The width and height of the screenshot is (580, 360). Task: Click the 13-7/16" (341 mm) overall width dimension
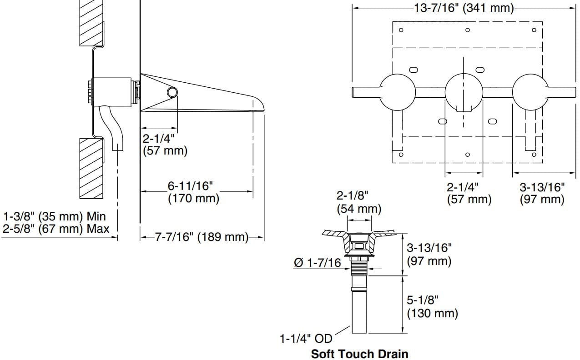[464, 8]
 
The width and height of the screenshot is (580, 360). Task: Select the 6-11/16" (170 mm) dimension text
[193, 192]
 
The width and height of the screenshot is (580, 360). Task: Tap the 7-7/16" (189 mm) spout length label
[202, 237]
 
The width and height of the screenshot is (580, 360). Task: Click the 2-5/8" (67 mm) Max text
[55, 228]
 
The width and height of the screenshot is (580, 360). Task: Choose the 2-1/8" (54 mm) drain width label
[358, 202]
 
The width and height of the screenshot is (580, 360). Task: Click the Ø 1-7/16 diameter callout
[318, 263]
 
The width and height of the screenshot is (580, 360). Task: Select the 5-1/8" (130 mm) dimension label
[432, 306]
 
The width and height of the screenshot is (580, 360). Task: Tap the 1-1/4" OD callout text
[306, 339]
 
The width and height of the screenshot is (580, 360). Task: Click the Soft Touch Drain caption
[359, 354]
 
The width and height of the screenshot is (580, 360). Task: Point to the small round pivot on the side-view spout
[172, 92]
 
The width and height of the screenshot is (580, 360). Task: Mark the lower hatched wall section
[91, 168]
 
